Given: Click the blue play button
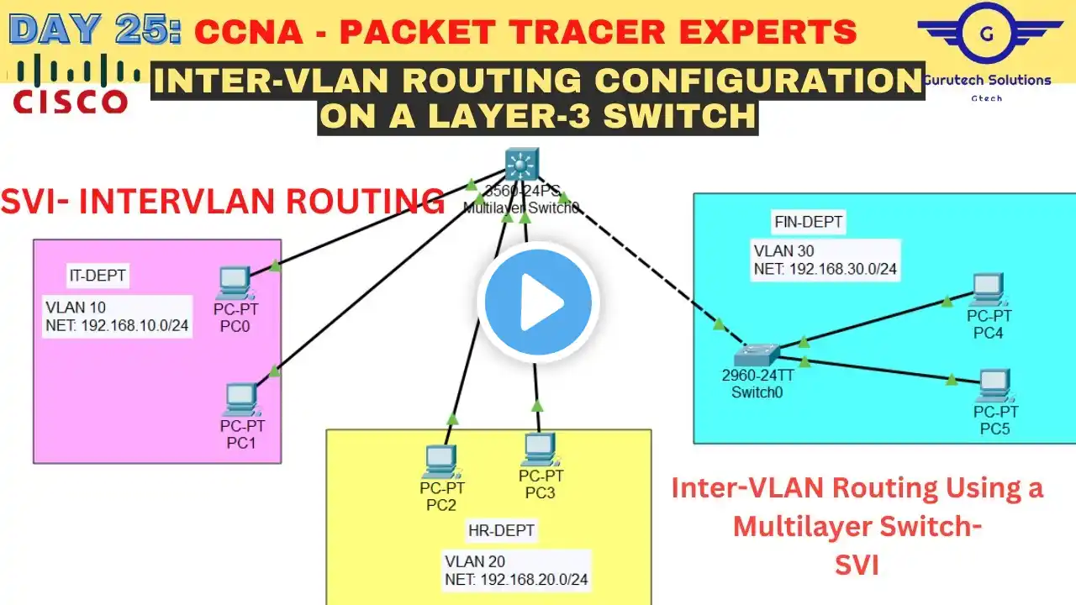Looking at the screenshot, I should (538, 302).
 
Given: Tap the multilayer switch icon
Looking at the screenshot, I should (521, 164).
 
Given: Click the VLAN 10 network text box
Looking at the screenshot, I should (117, 316).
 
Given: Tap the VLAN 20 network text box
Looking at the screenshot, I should (516, 570).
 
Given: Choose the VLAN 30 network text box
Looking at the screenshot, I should (826, 260).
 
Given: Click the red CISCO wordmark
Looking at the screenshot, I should (71, 102).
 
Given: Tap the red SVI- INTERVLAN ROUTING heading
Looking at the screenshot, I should (223, 202).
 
